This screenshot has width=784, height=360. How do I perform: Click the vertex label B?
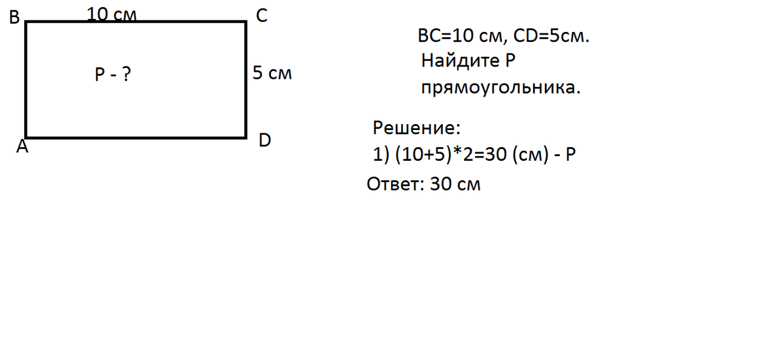(14, 18)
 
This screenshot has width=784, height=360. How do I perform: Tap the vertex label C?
(261, 17)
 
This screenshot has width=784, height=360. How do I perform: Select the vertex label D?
(265, 140)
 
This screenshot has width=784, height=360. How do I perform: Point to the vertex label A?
(22, 148)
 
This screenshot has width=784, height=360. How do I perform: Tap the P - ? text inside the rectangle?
(112, 76)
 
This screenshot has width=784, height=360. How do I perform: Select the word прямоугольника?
(500, 87)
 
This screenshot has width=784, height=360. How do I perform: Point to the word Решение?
(416, 127)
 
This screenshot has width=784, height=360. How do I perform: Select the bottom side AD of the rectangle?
(135, 137)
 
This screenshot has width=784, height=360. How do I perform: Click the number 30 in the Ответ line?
(441, 184)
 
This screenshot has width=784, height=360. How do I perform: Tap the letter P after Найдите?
(511, 61)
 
